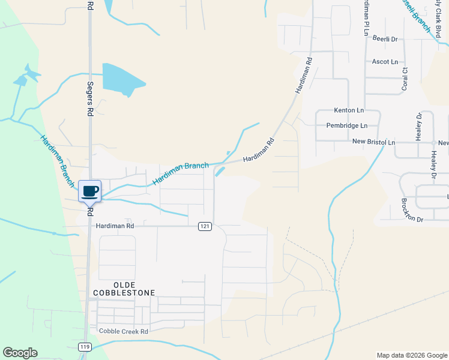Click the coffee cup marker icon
(x=90, y=191)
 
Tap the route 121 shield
(x=205, y=226)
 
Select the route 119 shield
(x=84, y=347)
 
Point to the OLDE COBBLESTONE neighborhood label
(x=124, y=289)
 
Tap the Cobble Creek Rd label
(x=123, y=332)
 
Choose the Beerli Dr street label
(x=385, y=38)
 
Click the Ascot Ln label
(x=385, y=62)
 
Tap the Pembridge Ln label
(x=346, y=126)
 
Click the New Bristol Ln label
(x=373, y=142)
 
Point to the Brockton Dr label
(x=404, y=220)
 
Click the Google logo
(x=20, y=353)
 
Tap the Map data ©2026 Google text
(x=411, y=355)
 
